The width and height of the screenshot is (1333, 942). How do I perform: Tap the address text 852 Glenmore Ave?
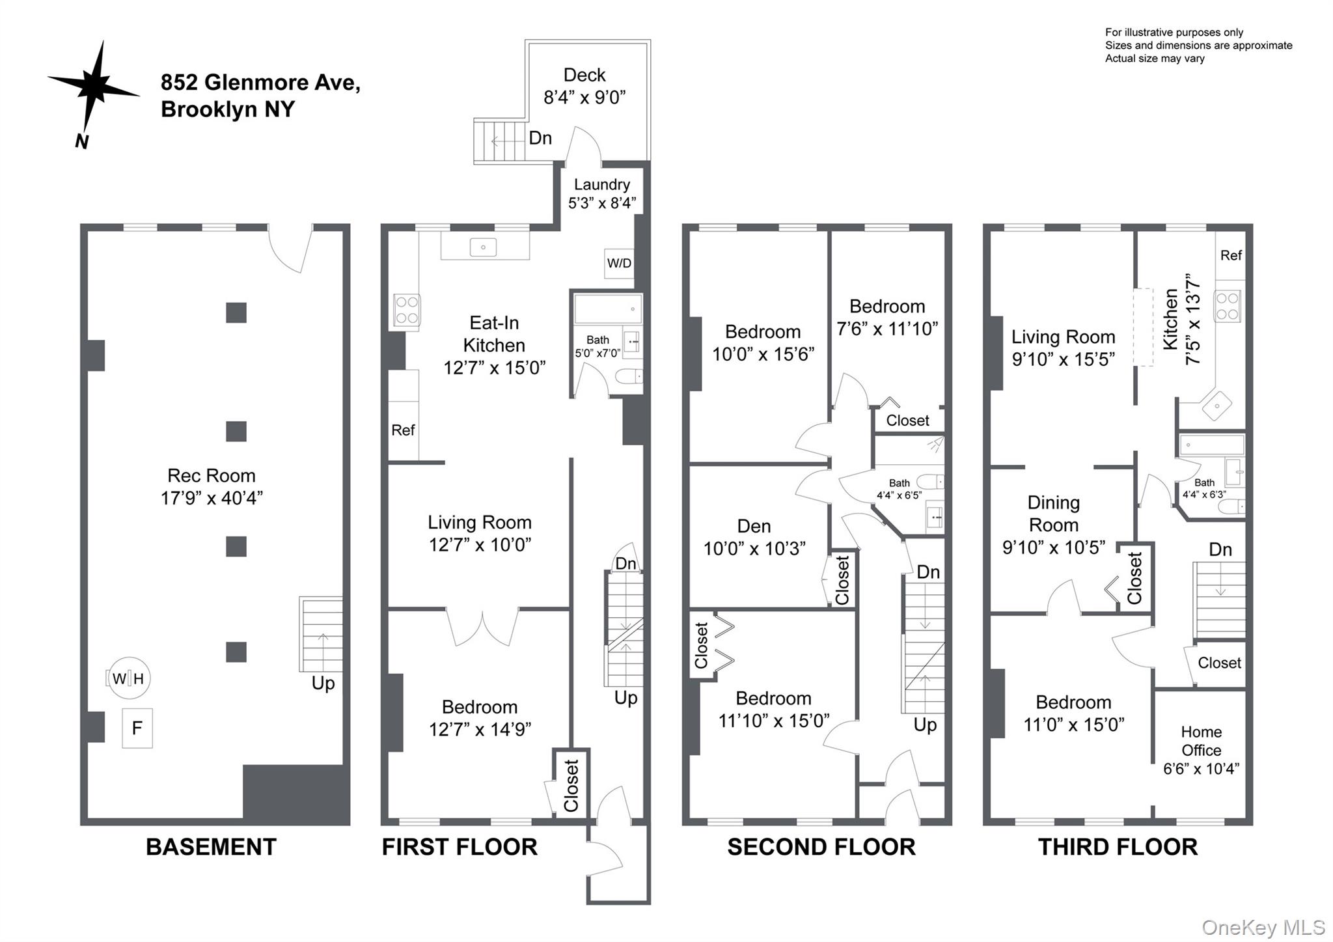(x=260, y=83)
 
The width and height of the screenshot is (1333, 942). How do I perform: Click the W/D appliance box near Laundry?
(x=618, y=263)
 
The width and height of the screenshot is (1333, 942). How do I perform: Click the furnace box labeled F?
(x=137, y=728)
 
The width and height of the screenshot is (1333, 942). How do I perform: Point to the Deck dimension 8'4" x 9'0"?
(x=584, y=98)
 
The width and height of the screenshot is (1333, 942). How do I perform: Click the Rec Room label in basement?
(x=211, y=475)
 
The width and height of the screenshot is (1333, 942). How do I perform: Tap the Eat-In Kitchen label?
(x=494, y=334)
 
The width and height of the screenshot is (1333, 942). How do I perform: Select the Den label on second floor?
(x=754, y=526)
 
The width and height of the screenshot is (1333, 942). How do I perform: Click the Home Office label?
(x=1201, y=741)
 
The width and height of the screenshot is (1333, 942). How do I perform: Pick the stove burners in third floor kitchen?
(x=1228, y=306)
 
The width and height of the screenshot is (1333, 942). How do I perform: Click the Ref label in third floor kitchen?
(x=1230, y=255)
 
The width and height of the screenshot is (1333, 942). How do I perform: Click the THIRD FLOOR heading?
(x=1118, y=847)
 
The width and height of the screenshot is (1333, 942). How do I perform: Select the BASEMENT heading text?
(x=211, y=847)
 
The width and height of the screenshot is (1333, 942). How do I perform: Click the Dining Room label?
(x=1053, y=514)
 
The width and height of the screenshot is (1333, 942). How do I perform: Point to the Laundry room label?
(x=601, y=184)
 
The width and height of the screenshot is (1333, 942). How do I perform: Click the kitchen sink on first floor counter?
(x=484, y=247)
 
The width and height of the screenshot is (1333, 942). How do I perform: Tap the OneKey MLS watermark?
(x=1263, y=927)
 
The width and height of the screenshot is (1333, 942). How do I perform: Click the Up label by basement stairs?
(x=323, y=683)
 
